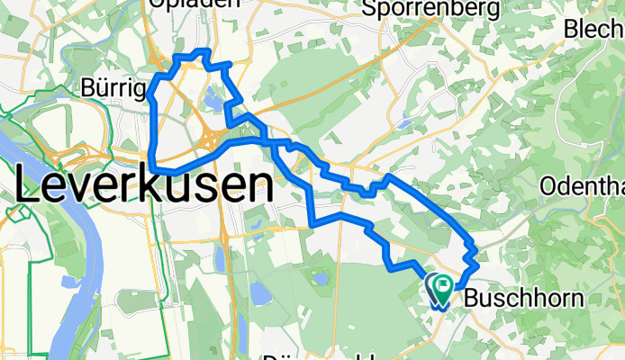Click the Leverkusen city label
(144, 188)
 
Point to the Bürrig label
(113, 88)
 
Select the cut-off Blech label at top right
(594, 29)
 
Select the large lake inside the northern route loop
(214, 101)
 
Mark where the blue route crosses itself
(270, 142)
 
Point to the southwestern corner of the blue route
(155, 167)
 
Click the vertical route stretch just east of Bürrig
(156, 126)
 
